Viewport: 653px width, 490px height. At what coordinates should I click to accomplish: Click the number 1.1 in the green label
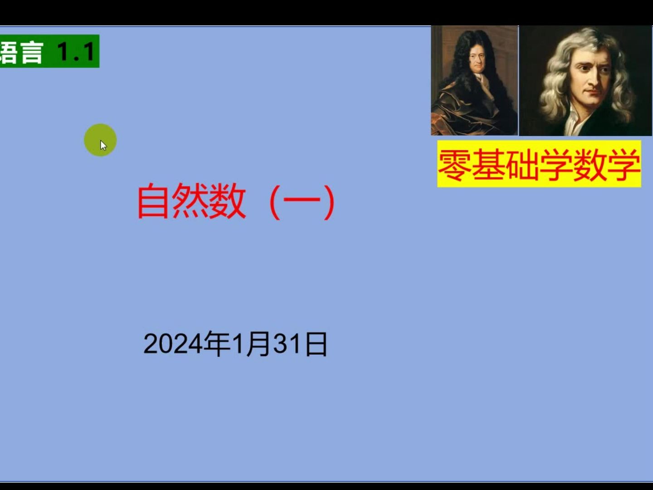(76, 52)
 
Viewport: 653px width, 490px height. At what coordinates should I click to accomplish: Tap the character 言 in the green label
(31, 52)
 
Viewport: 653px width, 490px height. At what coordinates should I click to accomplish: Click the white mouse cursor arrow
(103, 145)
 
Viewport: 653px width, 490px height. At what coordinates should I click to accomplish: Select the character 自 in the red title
(154, 201)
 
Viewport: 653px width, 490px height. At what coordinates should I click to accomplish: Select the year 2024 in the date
(173, 344)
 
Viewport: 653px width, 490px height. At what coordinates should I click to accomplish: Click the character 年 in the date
(217, 343)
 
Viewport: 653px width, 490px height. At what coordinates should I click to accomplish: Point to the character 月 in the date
(258, 344)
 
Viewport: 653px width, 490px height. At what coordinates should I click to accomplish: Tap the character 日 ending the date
(316, 344)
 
